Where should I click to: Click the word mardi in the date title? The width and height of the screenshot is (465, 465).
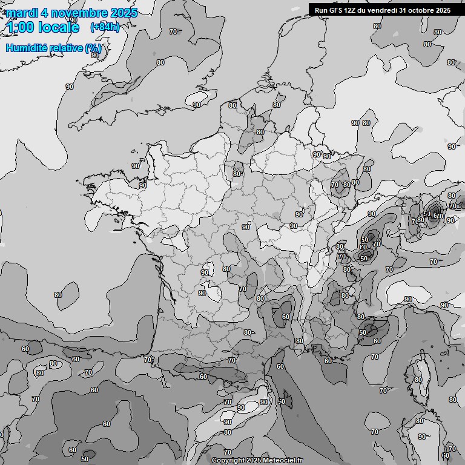(x=21, y=13)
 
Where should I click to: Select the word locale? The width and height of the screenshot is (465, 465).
(x=59, y=27)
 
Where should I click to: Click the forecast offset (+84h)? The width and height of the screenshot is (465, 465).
(x=104, y=27)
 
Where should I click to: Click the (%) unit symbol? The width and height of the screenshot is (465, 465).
(x=93, y=48)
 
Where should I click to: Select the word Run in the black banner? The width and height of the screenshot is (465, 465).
(x=321, y=10)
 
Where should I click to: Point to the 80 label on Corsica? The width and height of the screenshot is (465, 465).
(x=418, y=380)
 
